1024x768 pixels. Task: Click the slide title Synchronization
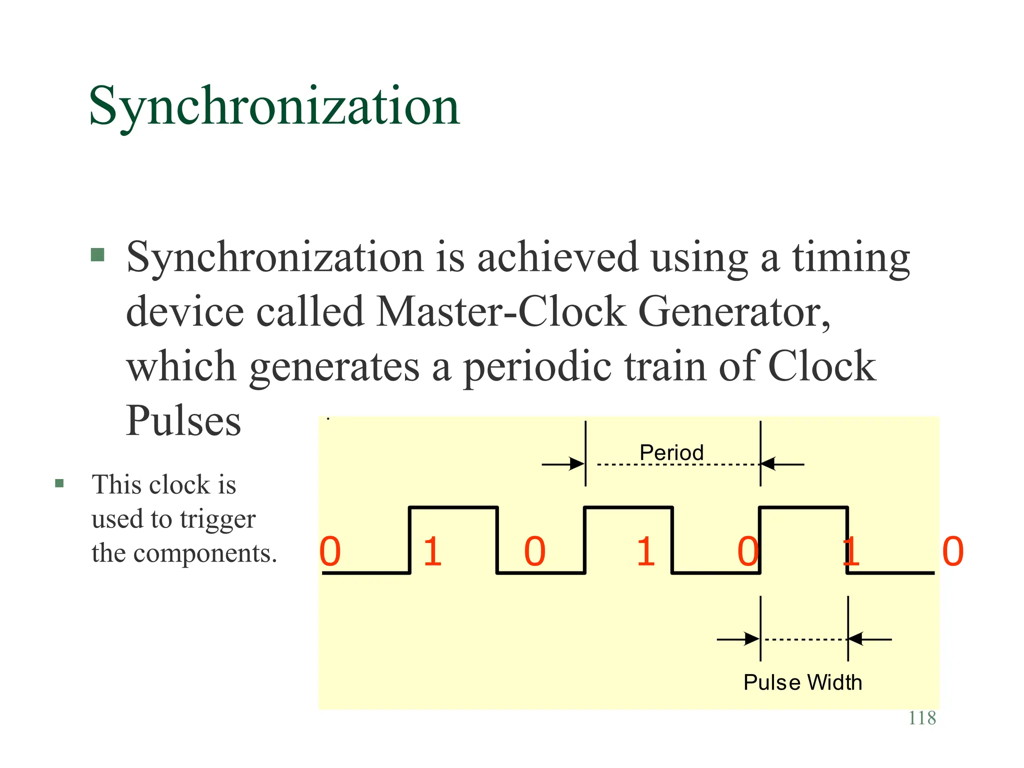[x=274, y=106]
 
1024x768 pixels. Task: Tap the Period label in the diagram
[x=671, y=452]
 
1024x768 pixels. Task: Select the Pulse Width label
[x=802, y=682]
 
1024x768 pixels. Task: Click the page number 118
[x=921, y=718]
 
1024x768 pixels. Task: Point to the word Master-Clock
[x=500, y=311]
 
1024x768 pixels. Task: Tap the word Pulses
[x=183, y=420]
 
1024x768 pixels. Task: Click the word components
[x=205, y=553]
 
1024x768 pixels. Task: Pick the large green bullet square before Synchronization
[x=97, y=255]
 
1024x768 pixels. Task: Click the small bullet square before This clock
[x=59, y=483]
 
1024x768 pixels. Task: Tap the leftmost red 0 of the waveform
[x=330, y=551]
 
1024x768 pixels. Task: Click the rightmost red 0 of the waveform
[x=952, y=551]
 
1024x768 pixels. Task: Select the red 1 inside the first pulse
[x=432, y=551]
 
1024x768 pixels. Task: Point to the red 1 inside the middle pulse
[x=645, y=551]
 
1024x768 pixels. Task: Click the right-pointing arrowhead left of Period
[x=577, y=464]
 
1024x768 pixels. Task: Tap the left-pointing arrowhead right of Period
[x=768, y=464]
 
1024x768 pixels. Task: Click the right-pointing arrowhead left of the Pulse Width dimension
[x=752, y=639]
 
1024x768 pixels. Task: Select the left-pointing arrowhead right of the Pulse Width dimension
[x=856, y=639]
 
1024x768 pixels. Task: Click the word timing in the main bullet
[x=850, y=257]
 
